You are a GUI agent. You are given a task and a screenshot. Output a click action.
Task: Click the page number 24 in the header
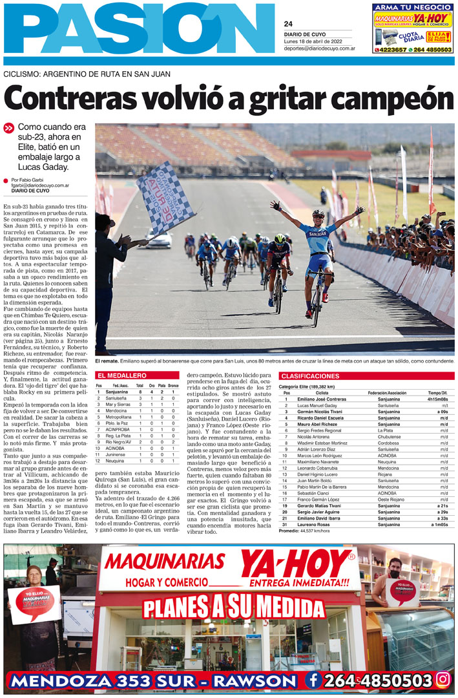[288, 24]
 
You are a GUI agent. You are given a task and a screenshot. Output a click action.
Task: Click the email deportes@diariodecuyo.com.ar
[319, 48]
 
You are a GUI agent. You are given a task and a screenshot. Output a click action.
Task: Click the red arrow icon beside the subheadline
[8, 128]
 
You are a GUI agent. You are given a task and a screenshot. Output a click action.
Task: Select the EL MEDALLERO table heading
[121, 375]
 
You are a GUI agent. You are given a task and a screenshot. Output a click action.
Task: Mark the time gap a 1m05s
[439, 524]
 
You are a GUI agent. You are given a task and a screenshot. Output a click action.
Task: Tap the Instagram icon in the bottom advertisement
[442, 679]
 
